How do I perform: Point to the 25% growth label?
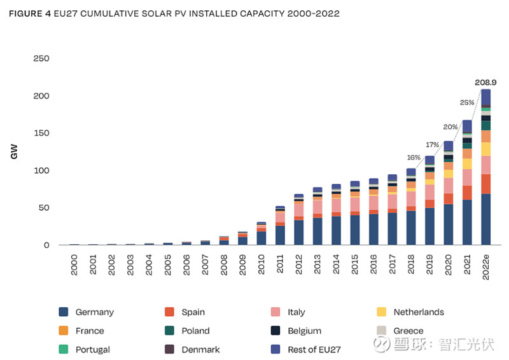[467, 102]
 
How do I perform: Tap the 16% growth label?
[414, 158]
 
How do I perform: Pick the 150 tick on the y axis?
[41, 133]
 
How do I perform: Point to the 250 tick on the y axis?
[41, 59]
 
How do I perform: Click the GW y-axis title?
[14, 152]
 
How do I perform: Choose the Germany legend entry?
[94, 312]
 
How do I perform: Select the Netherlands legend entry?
[418, 312]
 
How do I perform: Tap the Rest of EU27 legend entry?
[314, 349]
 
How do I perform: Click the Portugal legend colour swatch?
[63, 349]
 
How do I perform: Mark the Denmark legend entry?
[200, 349]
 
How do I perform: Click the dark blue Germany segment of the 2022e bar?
[486, 219]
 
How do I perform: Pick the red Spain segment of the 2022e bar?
[486, 184]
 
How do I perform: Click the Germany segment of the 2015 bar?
[354, 230]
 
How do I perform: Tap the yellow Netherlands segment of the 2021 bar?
[467, 163]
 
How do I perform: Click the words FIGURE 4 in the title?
[29, 13]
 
